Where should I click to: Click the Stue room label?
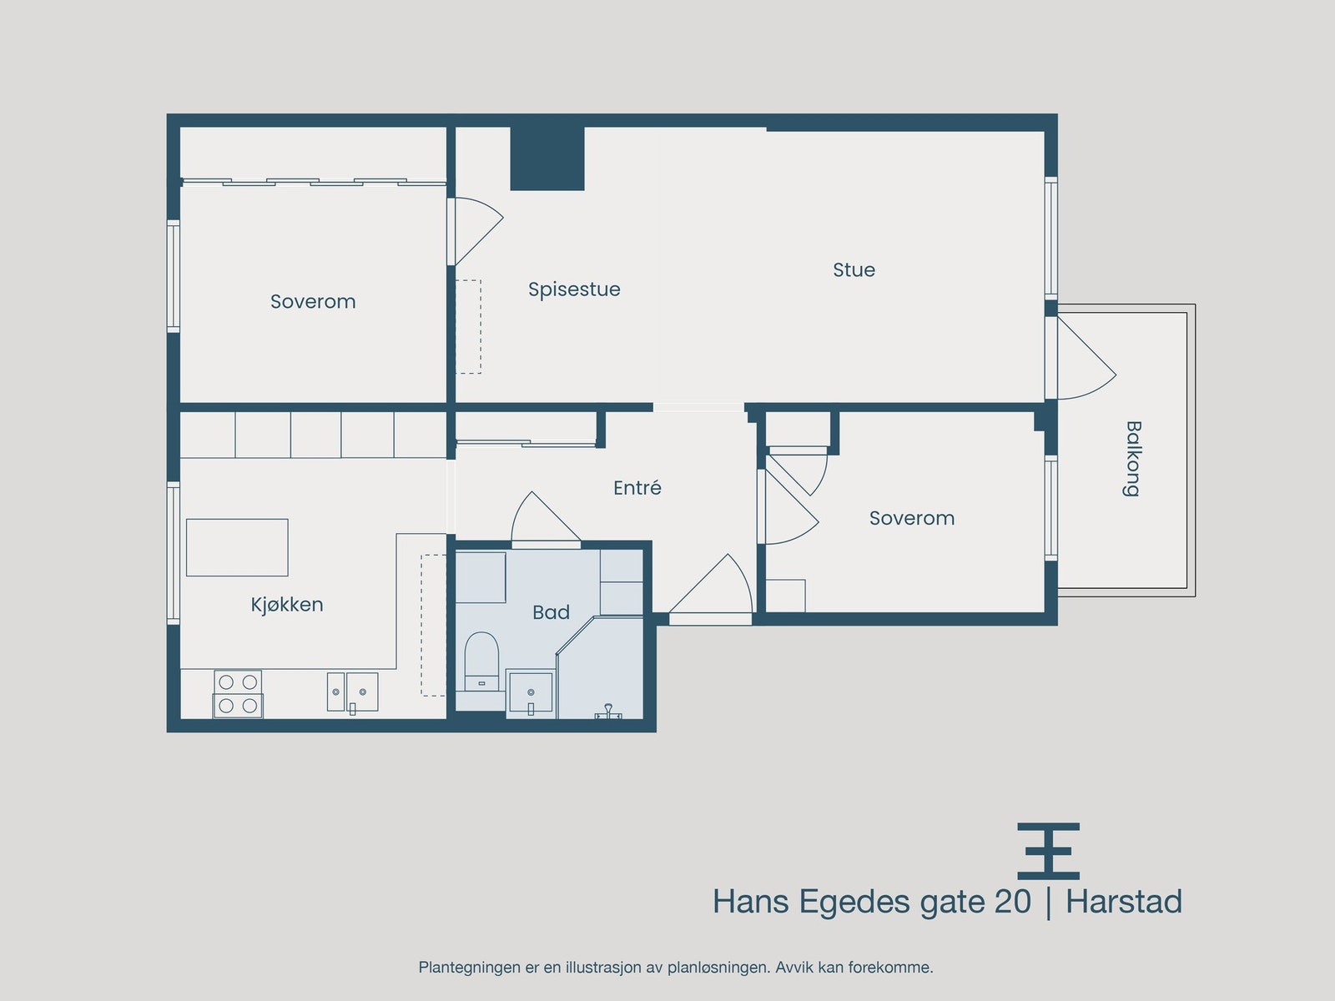(x=854, y=269)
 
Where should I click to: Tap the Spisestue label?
(x=574, y=290)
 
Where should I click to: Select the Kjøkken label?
(x=287, y=604)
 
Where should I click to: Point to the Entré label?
(x=637, y=487)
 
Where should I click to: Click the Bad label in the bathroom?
(x=551, y=612)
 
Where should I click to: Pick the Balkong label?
(x=1132, y=459)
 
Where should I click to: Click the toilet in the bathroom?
(x=481, y=661)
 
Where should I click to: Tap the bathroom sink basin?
(x=531, y=693)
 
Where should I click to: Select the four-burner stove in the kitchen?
(x=238, y=694)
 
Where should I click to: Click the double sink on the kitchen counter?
(x=352, y=692)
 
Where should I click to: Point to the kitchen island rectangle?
(x=237, y=547)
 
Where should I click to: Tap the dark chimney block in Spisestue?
(x=547, y=158)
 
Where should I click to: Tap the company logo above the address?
(x=1049, y=851)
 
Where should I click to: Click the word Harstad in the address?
(x=1124, y=902)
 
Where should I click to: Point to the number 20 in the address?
(x=1013, y=902)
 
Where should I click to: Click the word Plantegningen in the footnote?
(x=469, y=968)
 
